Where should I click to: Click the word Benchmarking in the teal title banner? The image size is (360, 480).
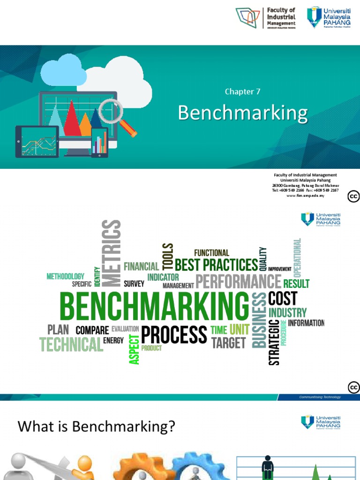[x=243, y=113]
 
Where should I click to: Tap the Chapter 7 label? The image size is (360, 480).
[x=242, y=92]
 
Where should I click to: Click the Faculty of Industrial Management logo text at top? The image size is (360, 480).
[x=281, y=17]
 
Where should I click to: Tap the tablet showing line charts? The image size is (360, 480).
[x=37, y=141]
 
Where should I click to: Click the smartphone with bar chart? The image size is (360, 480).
[x=99, y=142]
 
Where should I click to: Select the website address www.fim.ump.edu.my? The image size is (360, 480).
[x=305, y=195]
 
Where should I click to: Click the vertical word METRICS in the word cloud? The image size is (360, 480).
[x=111, y=253]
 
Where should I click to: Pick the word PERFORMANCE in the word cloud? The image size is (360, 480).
[x=238, y=282]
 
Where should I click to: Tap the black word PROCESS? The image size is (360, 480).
[x=174, y=335]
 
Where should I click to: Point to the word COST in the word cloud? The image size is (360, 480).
[x=283, y=298]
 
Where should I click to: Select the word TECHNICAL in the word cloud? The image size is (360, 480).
[x=71, y=345]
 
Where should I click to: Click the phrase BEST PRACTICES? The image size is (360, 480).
[x=216, y=265]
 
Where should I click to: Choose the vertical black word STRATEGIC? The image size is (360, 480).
[x=274, y=342]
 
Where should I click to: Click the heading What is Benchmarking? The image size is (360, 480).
[x=96, y=427]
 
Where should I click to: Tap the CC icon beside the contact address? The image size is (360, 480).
[x=353, y=196]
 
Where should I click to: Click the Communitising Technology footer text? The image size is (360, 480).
[x=320, y=397]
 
